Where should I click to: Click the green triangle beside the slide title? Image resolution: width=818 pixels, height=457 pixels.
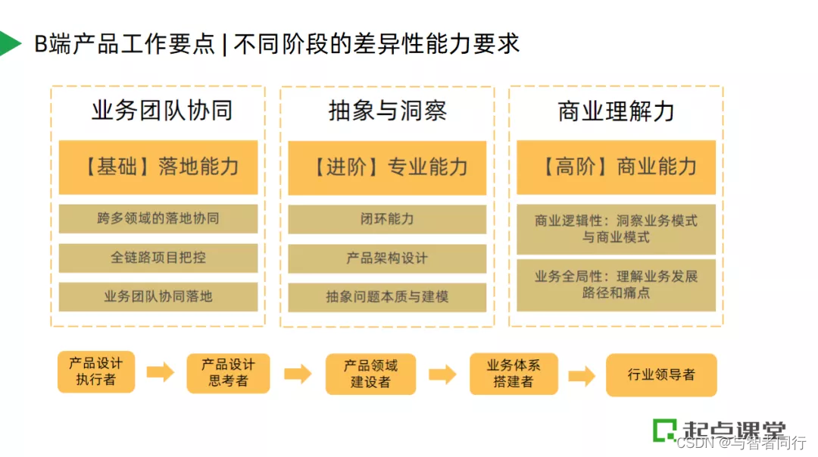point(9,44)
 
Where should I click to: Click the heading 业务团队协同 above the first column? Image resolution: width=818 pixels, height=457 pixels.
point(161,111)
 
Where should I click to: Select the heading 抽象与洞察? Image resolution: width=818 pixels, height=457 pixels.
point(387,111)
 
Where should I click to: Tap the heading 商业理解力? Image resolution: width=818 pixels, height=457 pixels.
point(616,111)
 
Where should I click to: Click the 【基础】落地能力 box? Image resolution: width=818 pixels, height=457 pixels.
point(158,167)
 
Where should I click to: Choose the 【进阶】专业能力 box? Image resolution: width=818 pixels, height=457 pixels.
point(387,167)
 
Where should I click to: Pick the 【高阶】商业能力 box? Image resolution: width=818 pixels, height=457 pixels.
point(616,167)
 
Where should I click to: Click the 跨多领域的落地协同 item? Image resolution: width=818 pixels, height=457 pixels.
point(158,219)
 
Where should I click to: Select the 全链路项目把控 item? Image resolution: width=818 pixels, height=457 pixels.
point(158,258)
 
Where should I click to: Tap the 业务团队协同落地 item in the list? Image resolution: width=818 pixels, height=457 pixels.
point(158,296)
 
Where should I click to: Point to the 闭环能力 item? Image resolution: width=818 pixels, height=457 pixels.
point(387,219)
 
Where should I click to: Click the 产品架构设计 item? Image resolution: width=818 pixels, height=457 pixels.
point(387,258)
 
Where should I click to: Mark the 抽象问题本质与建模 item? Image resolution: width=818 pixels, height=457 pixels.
point(387,296)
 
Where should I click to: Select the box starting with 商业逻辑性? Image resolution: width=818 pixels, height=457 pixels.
point(616,229)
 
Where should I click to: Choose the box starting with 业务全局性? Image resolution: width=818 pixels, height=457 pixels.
point(616,285)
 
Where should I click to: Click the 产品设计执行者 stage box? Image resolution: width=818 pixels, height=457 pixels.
point(96,371)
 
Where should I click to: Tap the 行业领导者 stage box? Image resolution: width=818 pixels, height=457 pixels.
point(661,374)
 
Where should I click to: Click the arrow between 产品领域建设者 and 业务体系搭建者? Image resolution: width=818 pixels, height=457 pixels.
point(442,374)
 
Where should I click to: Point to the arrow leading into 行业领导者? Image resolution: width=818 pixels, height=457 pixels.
point(582,374)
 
